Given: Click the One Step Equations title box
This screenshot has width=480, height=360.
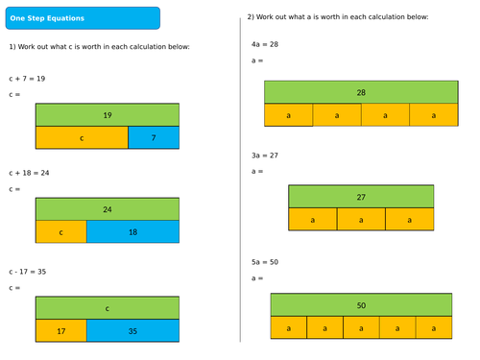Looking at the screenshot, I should [82, 18].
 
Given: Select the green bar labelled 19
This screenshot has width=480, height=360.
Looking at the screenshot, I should [107, 114].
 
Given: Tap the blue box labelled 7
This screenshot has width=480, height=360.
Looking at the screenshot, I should [153, 137].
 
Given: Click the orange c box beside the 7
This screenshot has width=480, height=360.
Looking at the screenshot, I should [82, 137].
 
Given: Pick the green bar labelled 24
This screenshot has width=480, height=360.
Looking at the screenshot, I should [107, 208].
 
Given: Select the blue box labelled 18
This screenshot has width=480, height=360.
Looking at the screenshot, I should [132, 231].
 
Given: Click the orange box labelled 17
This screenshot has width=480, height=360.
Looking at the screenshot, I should [61, 331].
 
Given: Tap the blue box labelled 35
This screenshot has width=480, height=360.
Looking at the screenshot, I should [132, 331].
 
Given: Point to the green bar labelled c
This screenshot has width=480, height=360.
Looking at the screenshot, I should [107, 308].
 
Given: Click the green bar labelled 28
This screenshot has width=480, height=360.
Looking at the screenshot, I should [361, 92].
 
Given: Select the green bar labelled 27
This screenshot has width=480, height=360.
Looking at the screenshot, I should [361, 196].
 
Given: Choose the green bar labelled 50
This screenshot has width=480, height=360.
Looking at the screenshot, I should [361, 305].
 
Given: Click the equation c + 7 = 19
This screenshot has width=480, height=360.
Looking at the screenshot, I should [28, 79].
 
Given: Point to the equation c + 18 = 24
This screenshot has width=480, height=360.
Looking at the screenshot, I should [30, 173].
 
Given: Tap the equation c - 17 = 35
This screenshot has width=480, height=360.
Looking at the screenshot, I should [28, 271].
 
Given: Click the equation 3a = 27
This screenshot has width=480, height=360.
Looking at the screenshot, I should [262, 155].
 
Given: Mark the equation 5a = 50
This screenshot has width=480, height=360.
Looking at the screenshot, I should [262, 262].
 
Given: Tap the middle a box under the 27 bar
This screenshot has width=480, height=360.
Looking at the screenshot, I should [361, 219].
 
